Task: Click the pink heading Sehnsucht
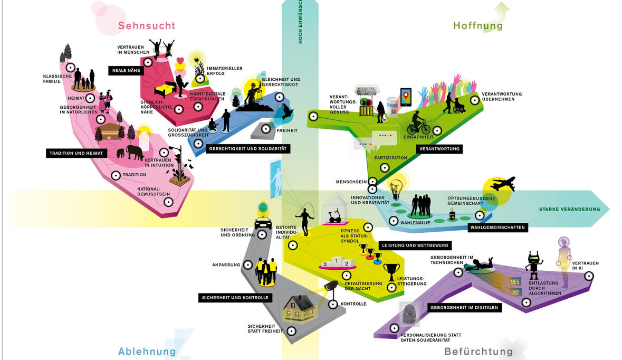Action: [x=146, y=26]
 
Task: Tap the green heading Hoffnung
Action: [x=478, y=26]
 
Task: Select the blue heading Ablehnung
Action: [x=147, y=352]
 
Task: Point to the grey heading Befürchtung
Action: [x=478, y=352]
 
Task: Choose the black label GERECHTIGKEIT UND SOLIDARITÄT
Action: [x=247, y=149]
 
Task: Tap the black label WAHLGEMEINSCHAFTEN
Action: [x=497, y=228]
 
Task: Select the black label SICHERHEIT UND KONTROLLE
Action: [x=235, y=298]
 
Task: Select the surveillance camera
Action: [x=331, y=286]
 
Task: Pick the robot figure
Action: [x=534, y=264]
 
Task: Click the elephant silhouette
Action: [x=134, y=152]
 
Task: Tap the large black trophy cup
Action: [x=391, y=271]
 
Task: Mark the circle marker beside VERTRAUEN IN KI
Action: [x=588, y=276]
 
